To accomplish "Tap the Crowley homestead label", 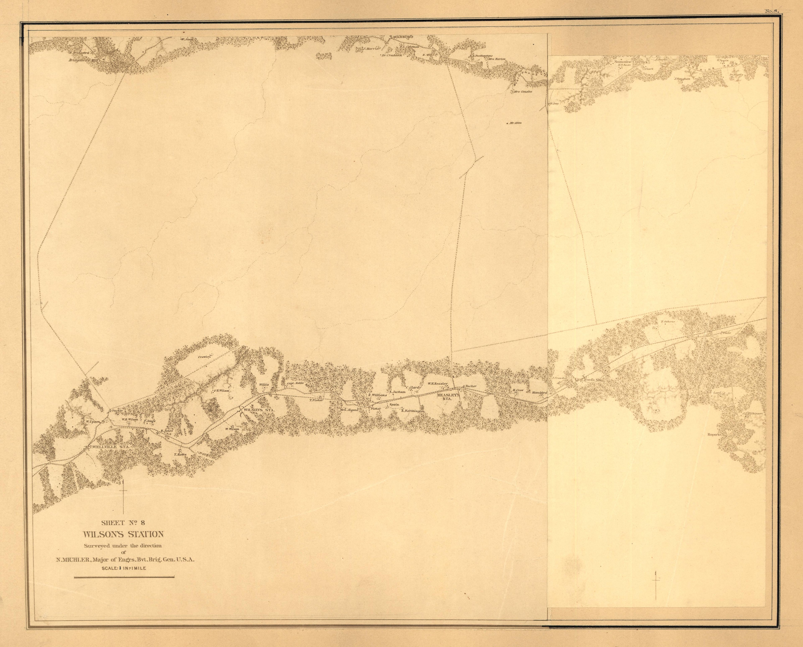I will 205,357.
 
